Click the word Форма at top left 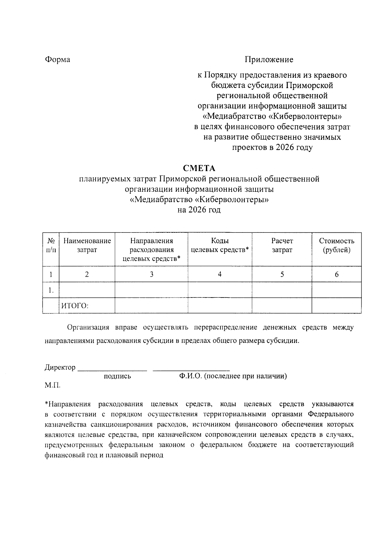(x=57, y=59)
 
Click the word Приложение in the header (x=269, y=59)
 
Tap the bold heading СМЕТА (x=199, y=168)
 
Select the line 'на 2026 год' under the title (x=199, y=210)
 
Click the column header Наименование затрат (x=87, y=245)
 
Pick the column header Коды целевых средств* (x=220, y=245)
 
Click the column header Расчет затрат (x=282, y=245)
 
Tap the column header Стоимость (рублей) (x=336, y=245)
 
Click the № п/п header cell (x=51, y=245)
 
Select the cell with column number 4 (x=220, y=274)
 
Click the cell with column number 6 (x=337, y=274)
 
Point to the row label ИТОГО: (x=75, y=306)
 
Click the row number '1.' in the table (x=51, y=290)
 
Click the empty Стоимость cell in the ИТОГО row (x=337, y=306)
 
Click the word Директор (x=60, y=367)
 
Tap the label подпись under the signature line (x=117, y=376)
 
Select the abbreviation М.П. (x=52, y=385)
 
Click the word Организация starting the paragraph (x=88, y=327)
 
